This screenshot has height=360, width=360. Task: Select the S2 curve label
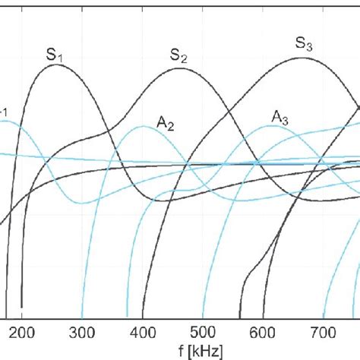(x=178, y=55)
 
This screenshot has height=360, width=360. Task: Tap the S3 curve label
(x=304, y=43)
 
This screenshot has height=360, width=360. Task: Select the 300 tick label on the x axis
(x=82, y=332)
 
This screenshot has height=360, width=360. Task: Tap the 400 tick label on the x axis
(x=142, y=332)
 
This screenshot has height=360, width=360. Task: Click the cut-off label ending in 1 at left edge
(x=5, y=115)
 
